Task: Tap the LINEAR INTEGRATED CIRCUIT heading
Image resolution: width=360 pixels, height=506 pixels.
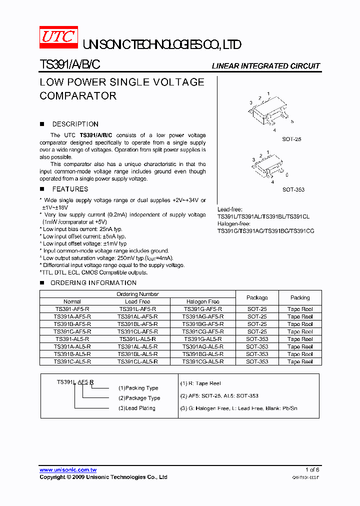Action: (265, 66)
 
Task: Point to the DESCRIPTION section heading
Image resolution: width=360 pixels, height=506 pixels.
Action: (75, 124)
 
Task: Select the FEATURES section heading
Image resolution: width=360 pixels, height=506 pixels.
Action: (70, 189)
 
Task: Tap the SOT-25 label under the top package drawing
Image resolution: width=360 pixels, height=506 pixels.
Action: (291, 139)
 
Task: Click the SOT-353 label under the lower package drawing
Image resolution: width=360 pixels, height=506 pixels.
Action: (293, 189)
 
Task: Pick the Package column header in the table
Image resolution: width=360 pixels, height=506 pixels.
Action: (257, 297)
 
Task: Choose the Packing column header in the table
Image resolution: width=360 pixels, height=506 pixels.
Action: (300, 297)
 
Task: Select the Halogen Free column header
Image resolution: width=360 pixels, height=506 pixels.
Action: (202, 301)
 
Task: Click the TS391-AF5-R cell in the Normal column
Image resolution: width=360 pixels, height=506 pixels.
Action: (72, 309)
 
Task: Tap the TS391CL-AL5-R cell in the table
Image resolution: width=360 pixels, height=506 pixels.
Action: (137, 361)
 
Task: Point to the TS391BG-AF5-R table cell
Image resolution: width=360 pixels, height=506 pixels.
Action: (202, 324)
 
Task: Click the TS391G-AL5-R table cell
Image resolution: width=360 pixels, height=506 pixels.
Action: (202, 339)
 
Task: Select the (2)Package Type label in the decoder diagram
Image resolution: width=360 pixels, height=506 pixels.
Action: (139, 398)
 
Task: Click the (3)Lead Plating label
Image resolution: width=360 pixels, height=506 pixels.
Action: (136, 408)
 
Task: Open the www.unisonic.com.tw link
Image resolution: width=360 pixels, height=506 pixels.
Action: (68, 470)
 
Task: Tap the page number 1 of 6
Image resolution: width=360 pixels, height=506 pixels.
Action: (312, 469)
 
